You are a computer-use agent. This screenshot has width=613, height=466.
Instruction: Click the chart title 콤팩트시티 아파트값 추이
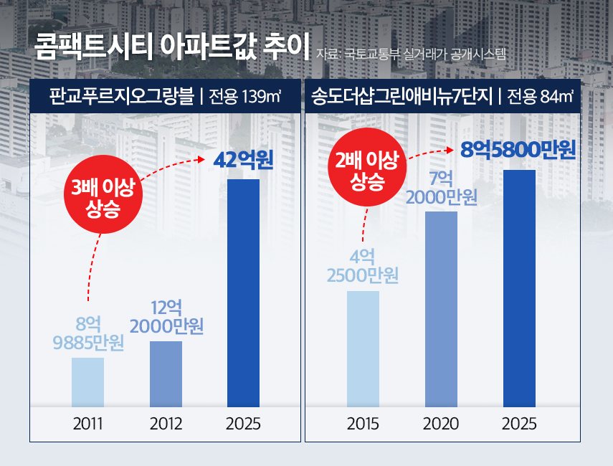coord(171,48)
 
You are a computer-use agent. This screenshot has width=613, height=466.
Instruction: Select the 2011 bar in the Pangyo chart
coord(88,382)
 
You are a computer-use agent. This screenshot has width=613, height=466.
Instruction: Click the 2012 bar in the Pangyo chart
coord(166,374)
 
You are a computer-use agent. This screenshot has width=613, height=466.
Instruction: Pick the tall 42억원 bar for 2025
coord(243,293)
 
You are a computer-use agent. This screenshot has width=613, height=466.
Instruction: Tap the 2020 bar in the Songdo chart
coord(441,309)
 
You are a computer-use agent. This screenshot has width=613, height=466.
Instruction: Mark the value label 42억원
coord(244,159)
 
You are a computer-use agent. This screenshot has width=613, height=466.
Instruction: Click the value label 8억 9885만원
coord(88,333)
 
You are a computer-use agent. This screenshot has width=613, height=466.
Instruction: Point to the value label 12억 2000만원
coord(166,317)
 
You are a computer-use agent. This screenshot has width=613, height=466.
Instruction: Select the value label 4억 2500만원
coord(363,266)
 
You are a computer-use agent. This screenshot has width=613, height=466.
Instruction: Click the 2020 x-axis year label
coord(441,424)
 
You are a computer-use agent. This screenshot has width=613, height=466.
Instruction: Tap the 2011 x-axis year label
coord(88,424)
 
